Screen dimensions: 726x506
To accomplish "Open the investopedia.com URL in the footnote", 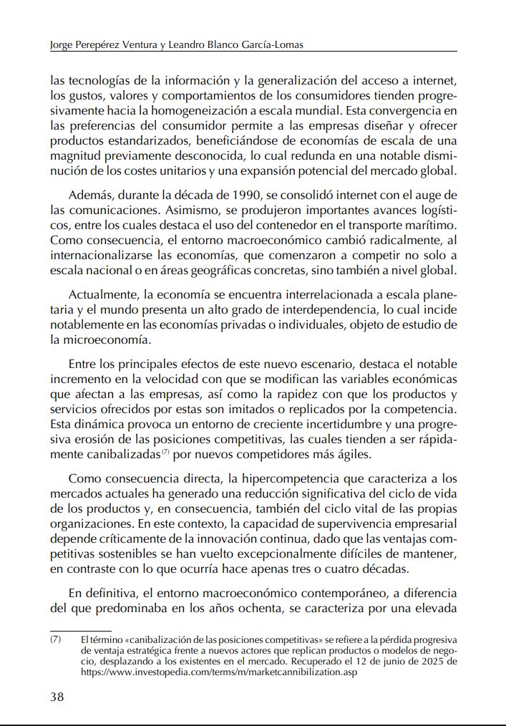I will pos(218,673).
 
